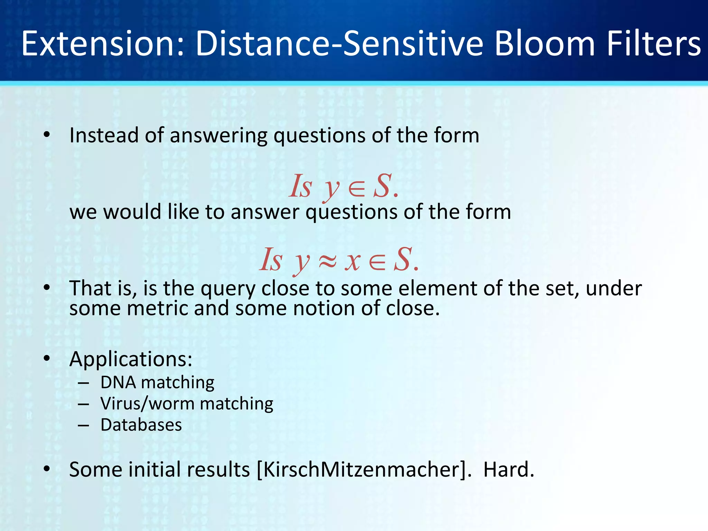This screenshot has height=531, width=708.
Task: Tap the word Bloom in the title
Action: click(x=544, y=44)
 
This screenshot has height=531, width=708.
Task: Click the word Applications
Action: click(x=131, y=359)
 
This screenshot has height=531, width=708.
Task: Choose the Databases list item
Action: click(x=141, y=425)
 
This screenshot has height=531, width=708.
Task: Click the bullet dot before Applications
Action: click(x=47, y=359)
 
